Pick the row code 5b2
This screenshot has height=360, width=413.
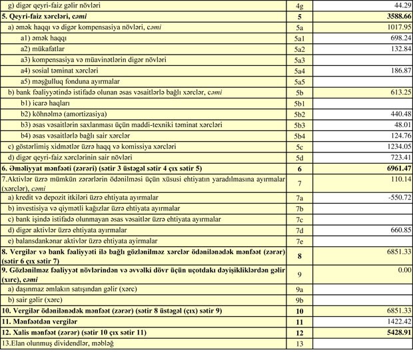pyautogui.click(x=299, y=114)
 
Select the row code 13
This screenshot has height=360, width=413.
pyautogui.click(x=299, y=343)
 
